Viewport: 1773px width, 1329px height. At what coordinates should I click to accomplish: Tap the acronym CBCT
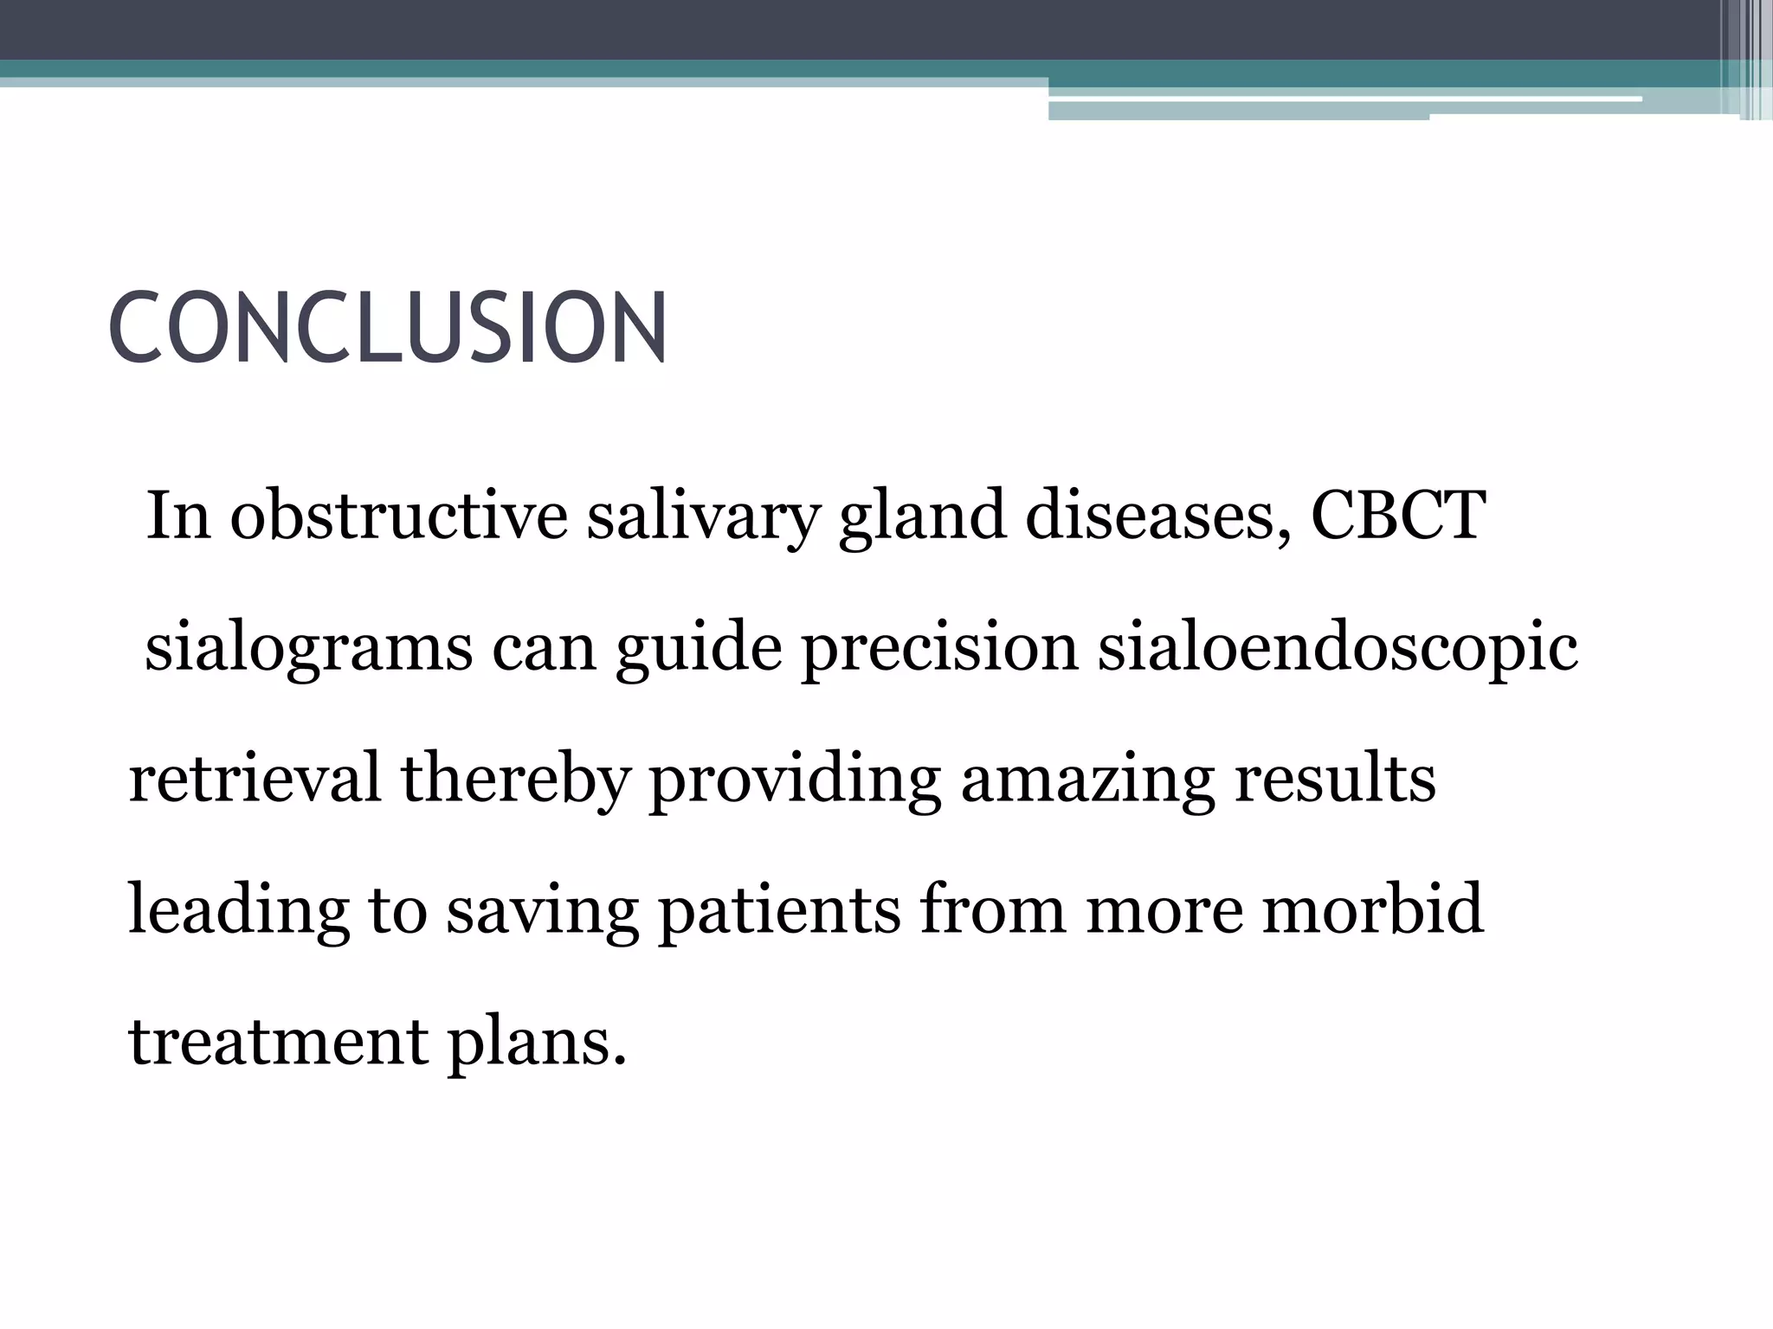(x=1398, y=517)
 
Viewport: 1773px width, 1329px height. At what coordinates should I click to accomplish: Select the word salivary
(x=702, y=517)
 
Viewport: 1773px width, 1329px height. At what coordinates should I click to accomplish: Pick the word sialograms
(x=308, y=649)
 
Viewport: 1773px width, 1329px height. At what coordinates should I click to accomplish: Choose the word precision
(x=940, y=649)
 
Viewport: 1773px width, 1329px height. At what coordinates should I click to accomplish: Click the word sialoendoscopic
(x=1338, y=649)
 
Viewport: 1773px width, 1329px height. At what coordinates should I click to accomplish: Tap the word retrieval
(x=255, y=778)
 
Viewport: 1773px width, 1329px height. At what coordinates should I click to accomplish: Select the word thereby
(x=514, y=778)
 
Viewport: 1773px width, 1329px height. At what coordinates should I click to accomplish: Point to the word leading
(x=238, y=910)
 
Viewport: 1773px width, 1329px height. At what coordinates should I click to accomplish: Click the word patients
(x=779, y=910)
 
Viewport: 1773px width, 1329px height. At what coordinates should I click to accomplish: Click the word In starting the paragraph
(x=178, y=517)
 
